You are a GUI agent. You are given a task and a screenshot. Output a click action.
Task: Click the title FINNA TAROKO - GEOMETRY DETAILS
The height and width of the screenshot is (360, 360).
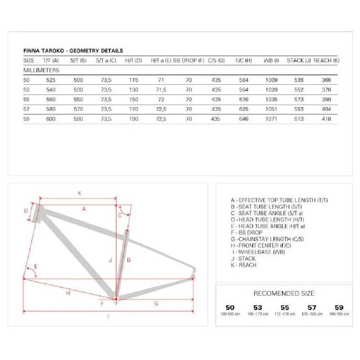(x=73, y=51)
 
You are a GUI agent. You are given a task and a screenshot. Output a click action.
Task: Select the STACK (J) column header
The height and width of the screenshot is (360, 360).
(x=299, y=60)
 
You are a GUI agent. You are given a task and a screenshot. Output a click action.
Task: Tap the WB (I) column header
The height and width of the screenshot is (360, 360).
(x=271, y=60)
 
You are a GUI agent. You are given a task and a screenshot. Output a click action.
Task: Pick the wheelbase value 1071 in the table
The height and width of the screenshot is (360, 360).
(x=271, y=119)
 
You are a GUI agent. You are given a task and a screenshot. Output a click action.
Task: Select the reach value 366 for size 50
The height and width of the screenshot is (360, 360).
(x=327, y=80)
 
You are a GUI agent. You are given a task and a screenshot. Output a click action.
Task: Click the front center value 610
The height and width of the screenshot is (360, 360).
(x=243, y=99)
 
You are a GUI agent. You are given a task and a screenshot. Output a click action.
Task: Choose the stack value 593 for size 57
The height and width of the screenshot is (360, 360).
(x=298, y=109)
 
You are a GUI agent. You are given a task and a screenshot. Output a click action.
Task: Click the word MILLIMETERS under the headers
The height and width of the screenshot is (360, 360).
(x=41, y=70)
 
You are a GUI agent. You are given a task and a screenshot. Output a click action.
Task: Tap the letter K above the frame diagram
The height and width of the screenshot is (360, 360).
(x=79, y=193)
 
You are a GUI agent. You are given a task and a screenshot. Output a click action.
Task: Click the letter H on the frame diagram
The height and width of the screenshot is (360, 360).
(x=67, y=293)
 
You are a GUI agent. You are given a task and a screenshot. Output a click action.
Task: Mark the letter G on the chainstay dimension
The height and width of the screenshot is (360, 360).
(x=156, y=304)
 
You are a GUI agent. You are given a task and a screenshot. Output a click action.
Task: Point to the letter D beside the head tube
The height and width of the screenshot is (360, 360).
(x=26, y=211)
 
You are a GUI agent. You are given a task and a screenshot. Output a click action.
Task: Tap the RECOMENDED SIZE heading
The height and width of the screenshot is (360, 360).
(x=284, y=293)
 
